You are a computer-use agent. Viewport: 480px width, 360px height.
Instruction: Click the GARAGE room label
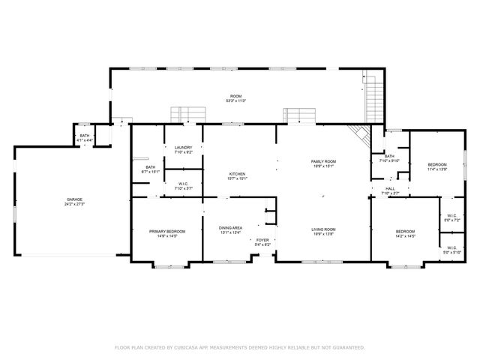tap(73, 199)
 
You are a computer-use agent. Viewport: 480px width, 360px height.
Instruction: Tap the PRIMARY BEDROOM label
tap(166, 231)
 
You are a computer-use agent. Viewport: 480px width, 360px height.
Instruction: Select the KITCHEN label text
tap(237, 174)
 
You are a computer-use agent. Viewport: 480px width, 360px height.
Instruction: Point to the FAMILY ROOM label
tap(324, 161)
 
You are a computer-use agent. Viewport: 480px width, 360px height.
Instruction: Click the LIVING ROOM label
tap(324, 229)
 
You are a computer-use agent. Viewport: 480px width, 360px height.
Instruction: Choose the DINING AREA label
tap(230, 228)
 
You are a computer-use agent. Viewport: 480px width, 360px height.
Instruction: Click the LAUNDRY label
tap(184, 147)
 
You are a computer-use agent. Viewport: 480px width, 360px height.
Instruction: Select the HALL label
tap(390, 188)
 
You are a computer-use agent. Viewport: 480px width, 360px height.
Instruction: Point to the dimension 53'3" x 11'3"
tap(237, 100)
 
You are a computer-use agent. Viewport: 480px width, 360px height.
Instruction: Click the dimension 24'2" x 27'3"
tap(73, 204)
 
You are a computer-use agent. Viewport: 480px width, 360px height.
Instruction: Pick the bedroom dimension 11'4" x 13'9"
tap(437, 169)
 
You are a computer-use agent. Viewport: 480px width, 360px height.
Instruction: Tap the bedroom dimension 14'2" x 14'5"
tap(405, 236)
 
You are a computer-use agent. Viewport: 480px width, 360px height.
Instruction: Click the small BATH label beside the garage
tap(84, 136)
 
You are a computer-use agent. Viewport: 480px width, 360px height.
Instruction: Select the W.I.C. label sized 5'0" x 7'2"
tap(451, 218)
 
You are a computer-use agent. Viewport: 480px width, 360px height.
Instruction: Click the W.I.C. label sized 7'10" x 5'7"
tap(184, 187)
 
